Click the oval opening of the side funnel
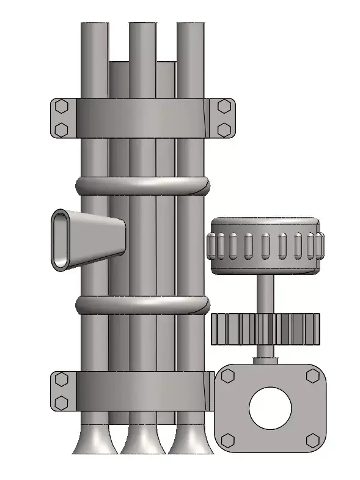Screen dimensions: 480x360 point(63,240)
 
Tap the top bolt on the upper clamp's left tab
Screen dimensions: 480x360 point(61,106)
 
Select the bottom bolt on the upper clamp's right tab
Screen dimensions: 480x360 point(224,129)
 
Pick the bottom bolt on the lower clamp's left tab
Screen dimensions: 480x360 point(61,402)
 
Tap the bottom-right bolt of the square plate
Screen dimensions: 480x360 point(312,440)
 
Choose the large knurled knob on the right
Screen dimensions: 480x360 point(265,246)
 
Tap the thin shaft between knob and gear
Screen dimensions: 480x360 point(265,294)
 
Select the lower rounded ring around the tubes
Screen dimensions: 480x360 point(142,304)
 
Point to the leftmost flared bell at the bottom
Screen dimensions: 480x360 point(95,441)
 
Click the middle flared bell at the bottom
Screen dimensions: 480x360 point(142,441)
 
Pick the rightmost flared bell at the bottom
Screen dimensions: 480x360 point(190,441)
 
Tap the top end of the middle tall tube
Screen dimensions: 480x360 point(142,28)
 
